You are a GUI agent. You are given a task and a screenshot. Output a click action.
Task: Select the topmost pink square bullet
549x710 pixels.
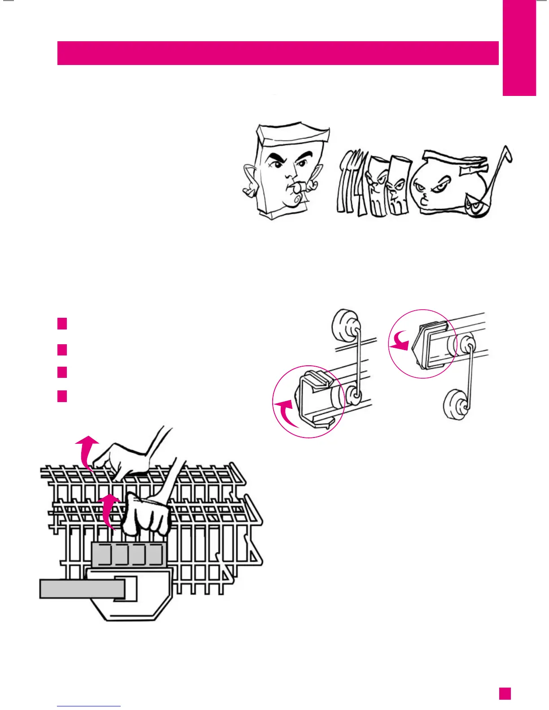(62, 323)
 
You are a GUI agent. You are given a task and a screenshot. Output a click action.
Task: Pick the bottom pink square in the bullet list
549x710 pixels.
(62, 396)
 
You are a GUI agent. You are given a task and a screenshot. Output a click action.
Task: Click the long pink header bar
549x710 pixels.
(278, 53)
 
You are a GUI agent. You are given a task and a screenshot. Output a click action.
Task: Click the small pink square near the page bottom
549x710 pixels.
(505, 693)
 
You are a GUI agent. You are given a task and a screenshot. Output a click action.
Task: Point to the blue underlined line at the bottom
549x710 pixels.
(89, 706)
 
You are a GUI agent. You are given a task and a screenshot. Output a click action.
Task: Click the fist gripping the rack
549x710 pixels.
(146, 515)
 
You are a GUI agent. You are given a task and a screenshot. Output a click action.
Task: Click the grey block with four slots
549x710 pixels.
(129, 555)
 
